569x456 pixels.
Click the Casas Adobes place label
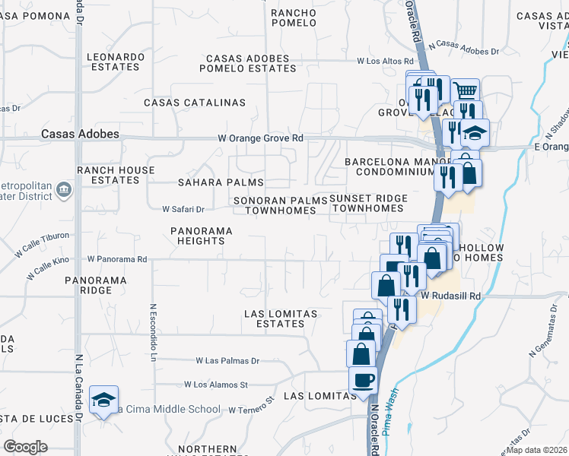80,134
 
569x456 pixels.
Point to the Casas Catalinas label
195,102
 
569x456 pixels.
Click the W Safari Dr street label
183,209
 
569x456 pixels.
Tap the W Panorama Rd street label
117,259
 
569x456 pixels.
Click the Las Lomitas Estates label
274,318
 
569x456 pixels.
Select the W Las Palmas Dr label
227,361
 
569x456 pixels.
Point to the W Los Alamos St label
216,385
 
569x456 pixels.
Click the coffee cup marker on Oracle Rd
363,379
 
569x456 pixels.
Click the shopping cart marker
466,91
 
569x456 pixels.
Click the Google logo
25,447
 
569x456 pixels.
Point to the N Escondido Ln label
153,333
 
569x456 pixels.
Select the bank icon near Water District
64,188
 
